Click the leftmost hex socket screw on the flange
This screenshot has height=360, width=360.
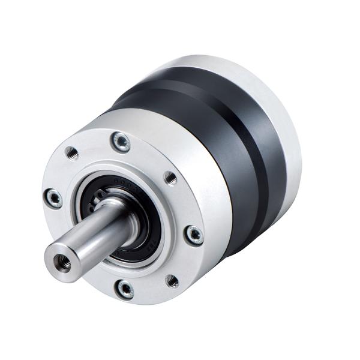click(x=53, y=197)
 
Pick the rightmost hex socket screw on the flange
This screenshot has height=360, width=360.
click(x=194, y=235)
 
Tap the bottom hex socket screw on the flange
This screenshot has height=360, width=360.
click(x=125, y=289)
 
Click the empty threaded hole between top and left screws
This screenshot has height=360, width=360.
click(x=72, y=154)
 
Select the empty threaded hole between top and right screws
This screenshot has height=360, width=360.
click(x=170, y=178)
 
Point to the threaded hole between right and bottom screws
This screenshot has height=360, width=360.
click(x=172, y=280)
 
